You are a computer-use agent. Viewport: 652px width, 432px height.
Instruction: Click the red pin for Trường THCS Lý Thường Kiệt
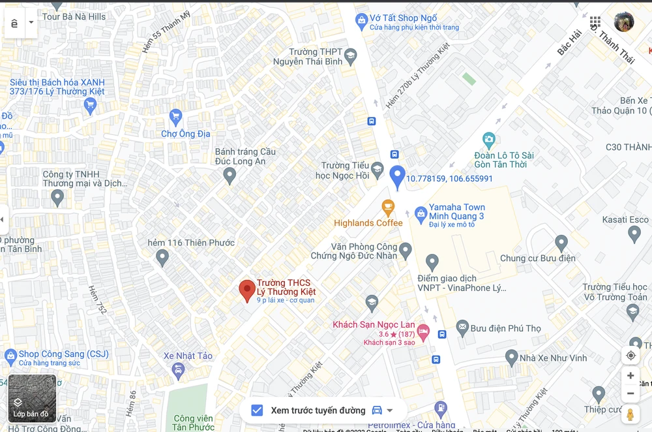[247, 290]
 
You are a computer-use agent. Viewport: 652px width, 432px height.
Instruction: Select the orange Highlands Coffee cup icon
[388, 208]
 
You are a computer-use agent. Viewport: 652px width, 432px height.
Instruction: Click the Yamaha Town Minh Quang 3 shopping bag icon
[421, 213]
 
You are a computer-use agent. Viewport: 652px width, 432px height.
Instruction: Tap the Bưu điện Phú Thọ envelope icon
[462, 327]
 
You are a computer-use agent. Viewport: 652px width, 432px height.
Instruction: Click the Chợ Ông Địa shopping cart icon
[175, 117]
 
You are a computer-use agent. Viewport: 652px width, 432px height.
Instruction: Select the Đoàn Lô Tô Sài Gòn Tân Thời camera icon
[489, 139]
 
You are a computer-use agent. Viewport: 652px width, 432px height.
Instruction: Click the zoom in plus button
[630, 376]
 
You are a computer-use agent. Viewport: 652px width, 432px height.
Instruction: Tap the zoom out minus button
[630, 393]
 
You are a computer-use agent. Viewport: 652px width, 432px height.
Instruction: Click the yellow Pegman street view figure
[630, 414]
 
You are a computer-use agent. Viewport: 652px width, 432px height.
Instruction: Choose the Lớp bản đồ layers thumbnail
[32, 399]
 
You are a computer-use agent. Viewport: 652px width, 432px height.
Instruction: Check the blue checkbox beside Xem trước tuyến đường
[258, 410]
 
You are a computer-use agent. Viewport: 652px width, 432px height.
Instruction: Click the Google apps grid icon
[595, 22]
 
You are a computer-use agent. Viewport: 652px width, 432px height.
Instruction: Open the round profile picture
[624, 22]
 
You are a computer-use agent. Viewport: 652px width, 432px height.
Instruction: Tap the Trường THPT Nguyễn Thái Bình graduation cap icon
[351, 56]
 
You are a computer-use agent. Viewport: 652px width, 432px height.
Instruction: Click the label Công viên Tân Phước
[194, 423]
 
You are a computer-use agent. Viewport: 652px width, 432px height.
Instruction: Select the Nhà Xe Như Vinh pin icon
[512, 357]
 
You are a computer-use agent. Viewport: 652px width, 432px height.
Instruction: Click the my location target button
[630, 356]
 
